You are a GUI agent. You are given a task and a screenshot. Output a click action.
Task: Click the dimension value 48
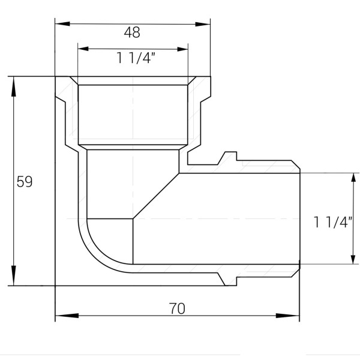pyautogui.click(x=132, y=32)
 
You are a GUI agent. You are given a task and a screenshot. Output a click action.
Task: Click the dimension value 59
pyautogui.click(x=25, y=182)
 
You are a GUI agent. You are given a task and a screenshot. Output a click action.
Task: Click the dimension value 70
pyautogui.click(x=177, y=308)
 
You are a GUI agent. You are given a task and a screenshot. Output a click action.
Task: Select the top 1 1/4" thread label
pyautogui.click(x=136, y=58)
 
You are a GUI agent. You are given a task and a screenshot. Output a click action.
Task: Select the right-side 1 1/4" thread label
pyautogui.click(x=332, y=222)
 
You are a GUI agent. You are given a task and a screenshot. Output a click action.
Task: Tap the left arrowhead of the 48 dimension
pyautogui.click(x=62, y=23)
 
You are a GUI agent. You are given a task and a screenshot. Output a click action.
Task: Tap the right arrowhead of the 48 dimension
pyautogui.click(x=203, y=24)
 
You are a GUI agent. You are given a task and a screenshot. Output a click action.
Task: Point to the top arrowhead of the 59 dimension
pyautogui.click(x=14, y=86)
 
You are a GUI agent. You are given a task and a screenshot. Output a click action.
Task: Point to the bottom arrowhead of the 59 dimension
pyautogui.click(x=14, y=275)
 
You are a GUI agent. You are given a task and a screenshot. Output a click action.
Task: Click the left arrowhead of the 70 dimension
pyautogui.click(x=67, y=316)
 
